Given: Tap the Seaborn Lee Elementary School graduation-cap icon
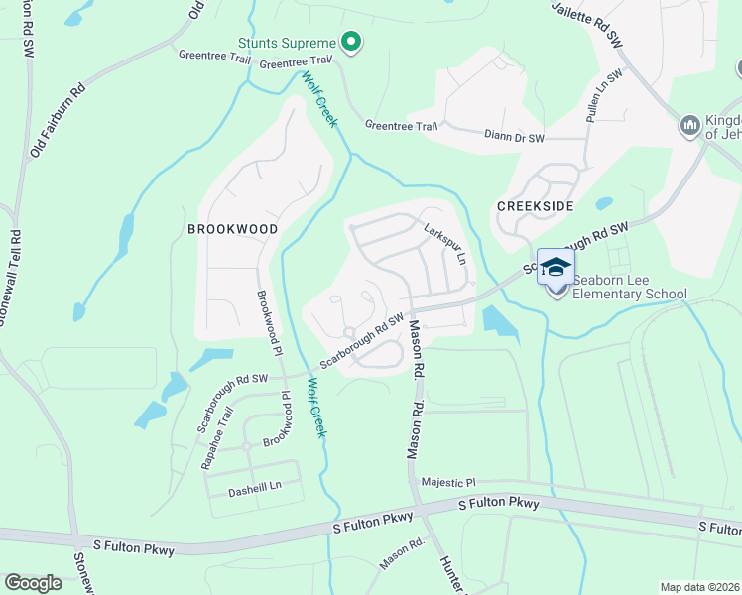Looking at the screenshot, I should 556,266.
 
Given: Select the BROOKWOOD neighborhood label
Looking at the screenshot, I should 232,229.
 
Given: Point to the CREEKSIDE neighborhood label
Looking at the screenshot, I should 536,204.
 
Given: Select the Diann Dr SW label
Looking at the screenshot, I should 515,136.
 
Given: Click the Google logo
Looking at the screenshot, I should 34,583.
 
